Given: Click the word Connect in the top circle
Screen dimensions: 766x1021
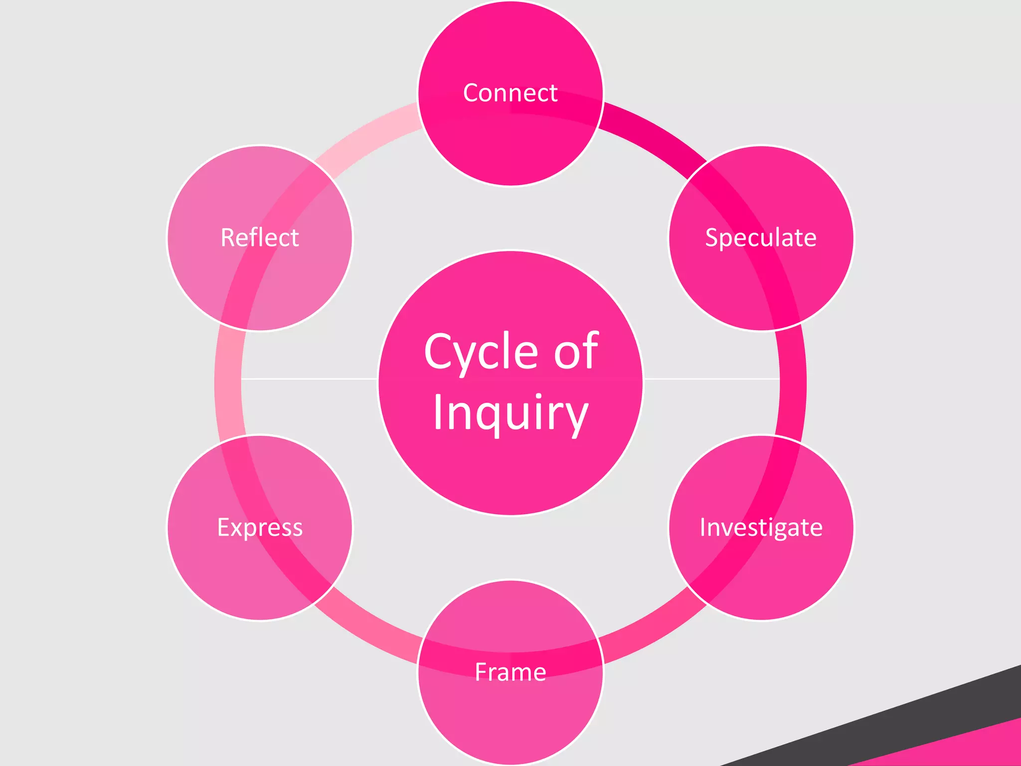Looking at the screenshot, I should [510, 93].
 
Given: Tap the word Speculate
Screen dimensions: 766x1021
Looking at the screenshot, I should [760, 238].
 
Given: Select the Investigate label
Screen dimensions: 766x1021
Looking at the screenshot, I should [761, 527].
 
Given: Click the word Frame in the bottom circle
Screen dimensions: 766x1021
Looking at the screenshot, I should [510, 672].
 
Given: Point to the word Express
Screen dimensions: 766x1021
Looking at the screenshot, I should [260, 527].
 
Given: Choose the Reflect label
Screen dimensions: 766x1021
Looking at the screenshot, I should [260, 238].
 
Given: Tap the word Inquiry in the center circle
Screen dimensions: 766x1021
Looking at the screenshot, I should [510, 413].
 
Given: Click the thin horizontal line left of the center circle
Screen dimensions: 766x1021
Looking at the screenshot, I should [309, 379].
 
